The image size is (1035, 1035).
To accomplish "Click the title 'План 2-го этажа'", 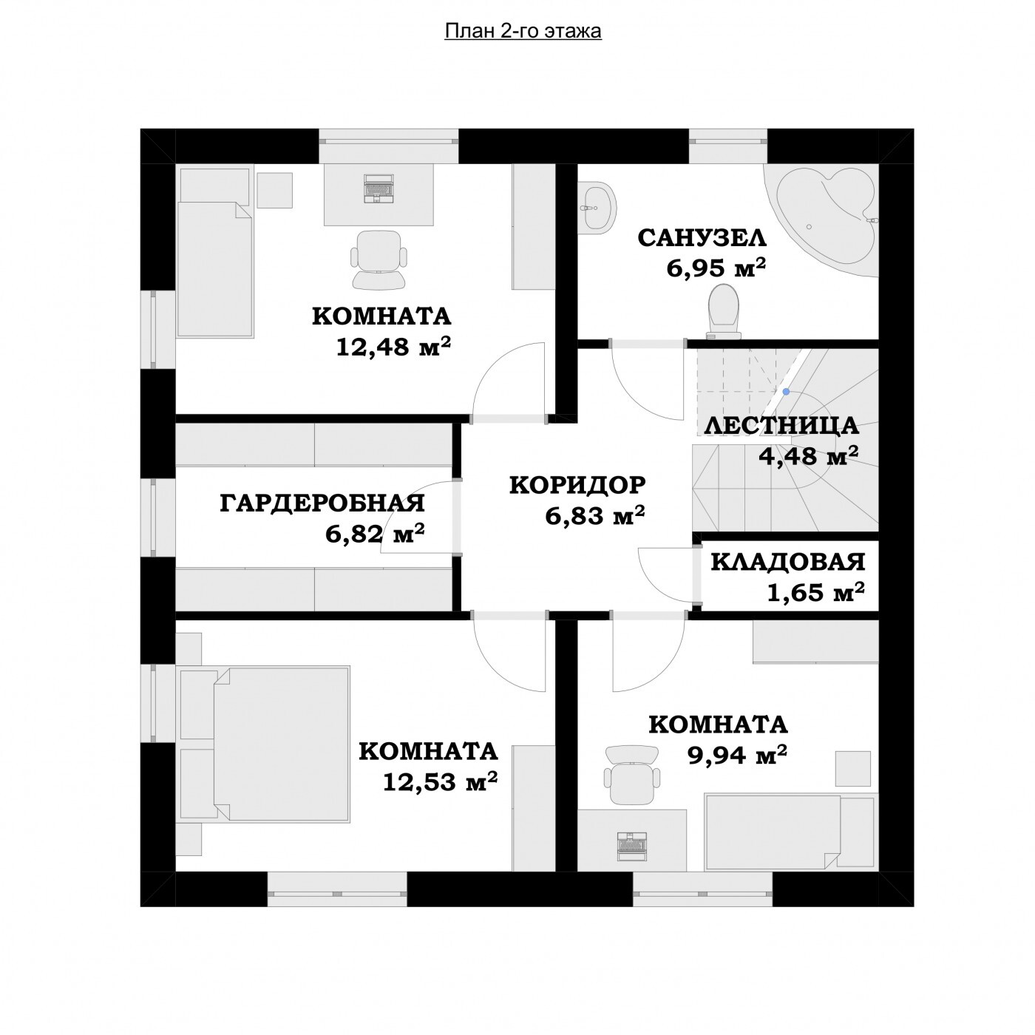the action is point(523,32).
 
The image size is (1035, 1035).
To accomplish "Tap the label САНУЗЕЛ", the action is point(702,238).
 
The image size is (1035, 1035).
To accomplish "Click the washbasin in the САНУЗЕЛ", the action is point(597,208).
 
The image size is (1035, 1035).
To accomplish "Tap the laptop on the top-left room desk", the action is point(379,189).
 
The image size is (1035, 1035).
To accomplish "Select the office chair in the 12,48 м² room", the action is point(379,259).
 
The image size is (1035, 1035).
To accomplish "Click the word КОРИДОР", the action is point(577,485).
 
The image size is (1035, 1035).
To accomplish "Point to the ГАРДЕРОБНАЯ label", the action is point(322,503).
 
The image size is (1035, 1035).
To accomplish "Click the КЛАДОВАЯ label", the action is point(788,562).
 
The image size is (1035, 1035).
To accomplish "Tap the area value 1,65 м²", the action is point(815,592).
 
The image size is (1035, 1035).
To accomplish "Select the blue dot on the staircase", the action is point(786,392).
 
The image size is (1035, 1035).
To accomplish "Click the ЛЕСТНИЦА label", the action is point(781,426).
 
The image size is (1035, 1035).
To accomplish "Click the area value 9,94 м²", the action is point(737,755).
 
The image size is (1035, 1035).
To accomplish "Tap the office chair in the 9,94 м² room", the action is point(631,775).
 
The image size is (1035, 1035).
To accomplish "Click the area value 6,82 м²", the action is point(375,534).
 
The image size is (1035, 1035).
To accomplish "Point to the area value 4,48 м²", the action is point(808,457).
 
